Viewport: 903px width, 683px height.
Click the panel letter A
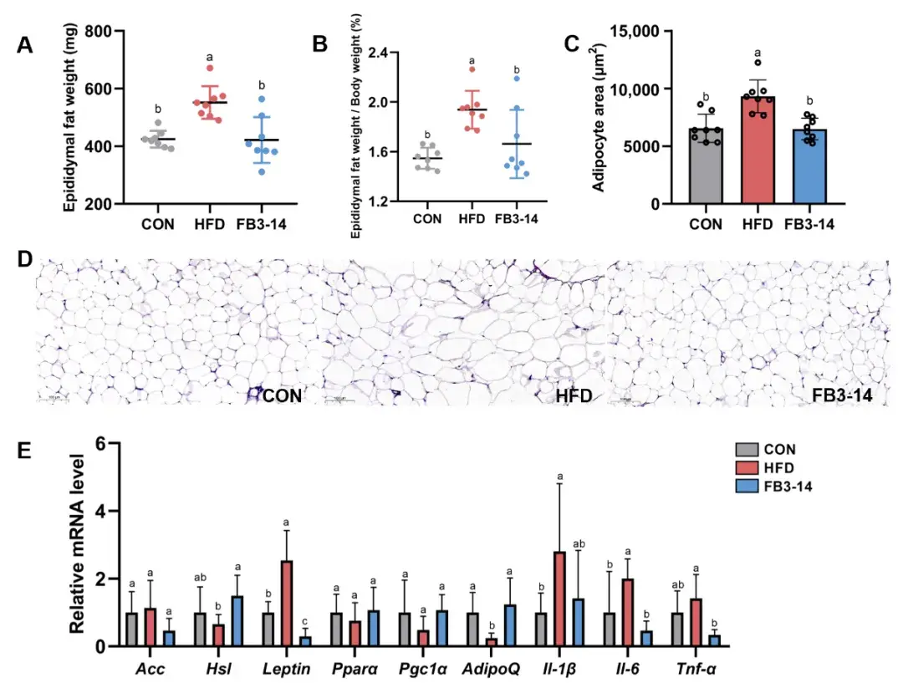(x=25, y=46)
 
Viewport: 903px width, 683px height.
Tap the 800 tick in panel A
(x=98, y=32)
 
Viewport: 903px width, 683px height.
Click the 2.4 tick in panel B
(x=380, y=53)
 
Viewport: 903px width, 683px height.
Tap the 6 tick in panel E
(x=105, y=444)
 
